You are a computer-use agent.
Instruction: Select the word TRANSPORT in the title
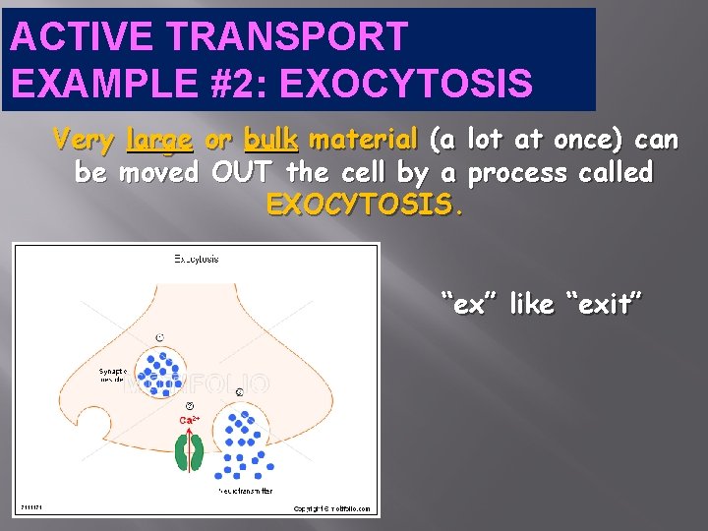[272, 36]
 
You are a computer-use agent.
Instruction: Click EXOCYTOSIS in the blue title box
[406, 84]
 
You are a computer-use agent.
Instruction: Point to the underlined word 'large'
[159, 141]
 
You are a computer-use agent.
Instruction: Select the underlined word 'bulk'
[270, 141]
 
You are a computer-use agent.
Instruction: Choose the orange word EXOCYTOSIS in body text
[360, 206]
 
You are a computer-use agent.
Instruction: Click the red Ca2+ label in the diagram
[191, 420]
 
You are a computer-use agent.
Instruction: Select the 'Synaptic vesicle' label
[113, 377]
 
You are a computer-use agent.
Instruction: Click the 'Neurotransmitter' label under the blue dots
[246, 490]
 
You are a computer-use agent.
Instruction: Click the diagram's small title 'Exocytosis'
[197, 260]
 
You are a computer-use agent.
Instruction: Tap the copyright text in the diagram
[331, 508]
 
